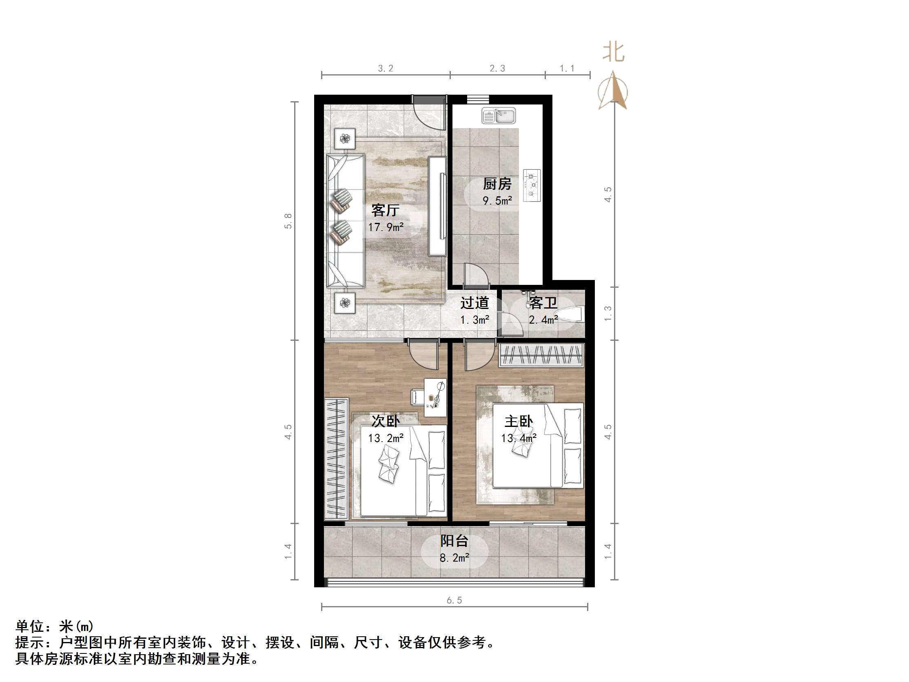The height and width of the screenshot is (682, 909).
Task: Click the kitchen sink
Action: [x=498, y=116]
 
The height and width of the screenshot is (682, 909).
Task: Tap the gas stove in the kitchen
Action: [x=532, y=186]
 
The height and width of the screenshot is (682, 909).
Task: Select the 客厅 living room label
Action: [x=385, y=210]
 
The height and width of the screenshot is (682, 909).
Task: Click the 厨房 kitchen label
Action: [x=497, y=184]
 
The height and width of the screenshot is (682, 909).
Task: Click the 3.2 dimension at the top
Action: [x=386, y=69]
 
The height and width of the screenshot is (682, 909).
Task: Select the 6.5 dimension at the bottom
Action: [x=454, y=600]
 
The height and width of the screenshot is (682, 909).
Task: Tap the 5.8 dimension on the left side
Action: [x=288, y=221]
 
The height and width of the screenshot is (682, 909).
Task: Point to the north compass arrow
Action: [x=613, y=91]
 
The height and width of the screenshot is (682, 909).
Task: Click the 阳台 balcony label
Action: [x=454, y=541]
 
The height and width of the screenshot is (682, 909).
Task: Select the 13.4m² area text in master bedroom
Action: [x=519, y=438]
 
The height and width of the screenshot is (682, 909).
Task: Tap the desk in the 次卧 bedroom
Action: [x=435, y=397]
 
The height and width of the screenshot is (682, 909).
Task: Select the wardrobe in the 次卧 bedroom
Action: [x=336, y=459]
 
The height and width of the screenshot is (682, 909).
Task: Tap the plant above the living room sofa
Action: [x=344, y=138]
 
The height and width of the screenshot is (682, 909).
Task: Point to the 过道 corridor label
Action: [x=474, y=303]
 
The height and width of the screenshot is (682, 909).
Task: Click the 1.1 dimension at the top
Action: [x=567, y=69]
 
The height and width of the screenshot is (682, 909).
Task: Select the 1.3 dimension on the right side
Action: [x=608, y=313]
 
